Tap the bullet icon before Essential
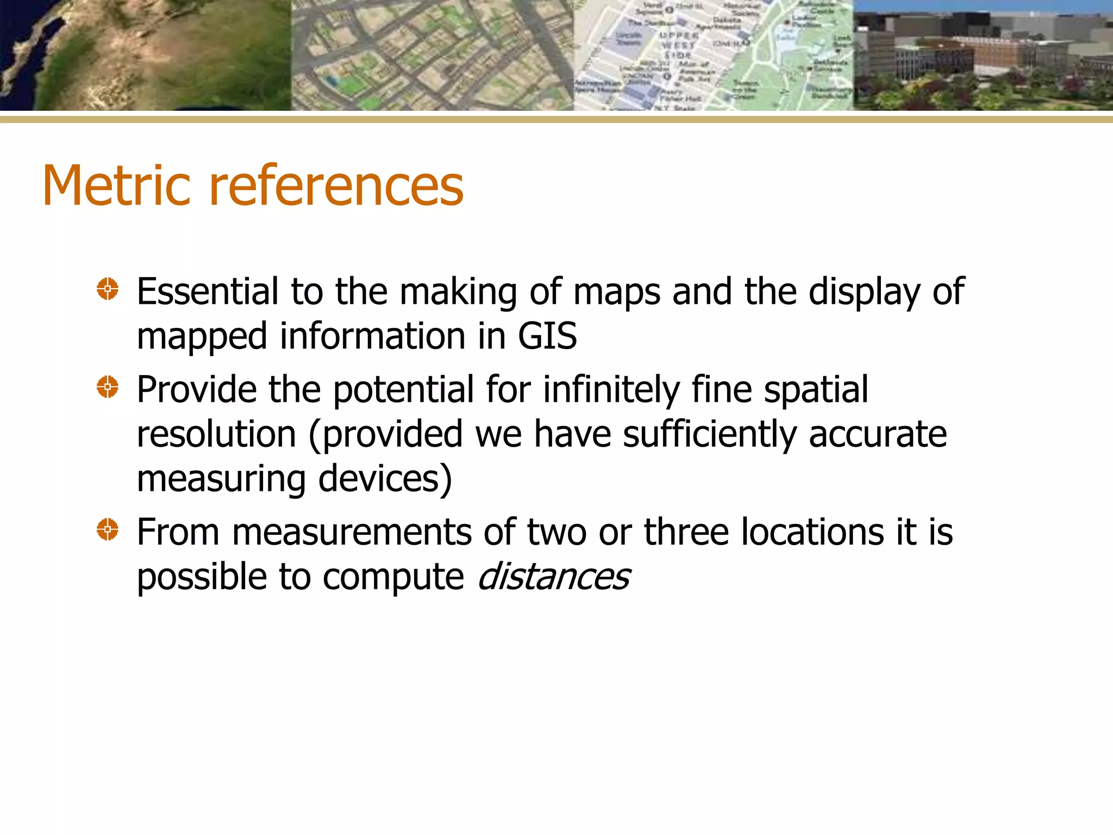pos(108,289)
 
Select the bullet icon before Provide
pos(108,387)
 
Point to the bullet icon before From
pos(108,529)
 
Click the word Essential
pos(208,292)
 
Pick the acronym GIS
pos(547,337)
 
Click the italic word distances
pos(553,577)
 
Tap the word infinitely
pos(611,390)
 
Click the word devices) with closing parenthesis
pos(385,479)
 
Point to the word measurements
pos(352,532)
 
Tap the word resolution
pos(216,434)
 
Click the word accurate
pos(878,435)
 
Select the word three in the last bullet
pos(686,532)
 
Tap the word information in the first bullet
pos(372,337)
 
